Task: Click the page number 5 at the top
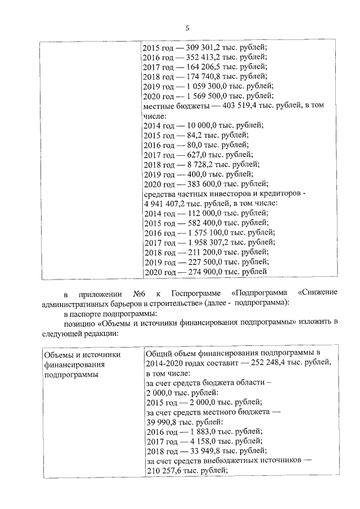188,28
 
